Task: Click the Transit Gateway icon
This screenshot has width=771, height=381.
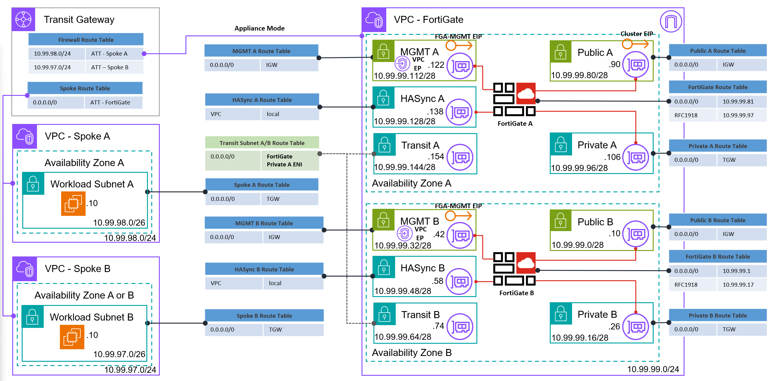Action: point(23,20)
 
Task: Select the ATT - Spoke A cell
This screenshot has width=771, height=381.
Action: point(114,54)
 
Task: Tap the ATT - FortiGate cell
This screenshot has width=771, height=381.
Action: point(113,103)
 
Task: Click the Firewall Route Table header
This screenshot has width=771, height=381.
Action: point(86,40)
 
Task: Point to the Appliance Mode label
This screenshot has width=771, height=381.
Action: point(259,28)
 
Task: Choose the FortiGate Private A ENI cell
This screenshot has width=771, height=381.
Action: point(289,161)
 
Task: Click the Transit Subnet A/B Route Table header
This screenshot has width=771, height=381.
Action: point(262,143)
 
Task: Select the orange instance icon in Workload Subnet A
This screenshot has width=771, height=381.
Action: point(73,204)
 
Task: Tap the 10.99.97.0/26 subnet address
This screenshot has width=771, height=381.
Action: point(119,354)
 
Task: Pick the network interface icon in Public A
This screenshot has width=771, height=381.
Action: point(636,65)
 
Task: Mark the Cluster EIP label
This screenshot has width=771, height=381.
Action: point(637,34)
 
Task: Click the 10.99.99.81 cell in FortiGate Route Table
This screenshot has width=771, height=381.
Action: point(741,102)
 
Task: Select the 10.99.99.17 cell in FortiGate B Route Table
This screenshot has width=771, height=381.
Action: point(741,285)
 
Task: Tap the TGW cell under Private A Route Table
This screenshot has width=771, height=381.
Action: point(741,160)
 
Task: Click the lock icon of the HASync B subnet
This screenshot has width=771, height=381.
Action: point(384,267)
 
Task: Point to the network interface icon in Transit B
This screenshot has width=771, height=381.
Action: point(460,327)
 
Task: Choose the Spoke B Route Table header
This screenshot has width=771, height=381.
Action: point(264,316)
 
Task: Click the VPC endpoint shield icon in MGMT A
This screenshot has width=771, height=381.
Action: point(402,64)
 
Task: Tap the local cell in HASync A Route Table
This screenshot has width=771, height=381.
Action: point(289,114)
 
